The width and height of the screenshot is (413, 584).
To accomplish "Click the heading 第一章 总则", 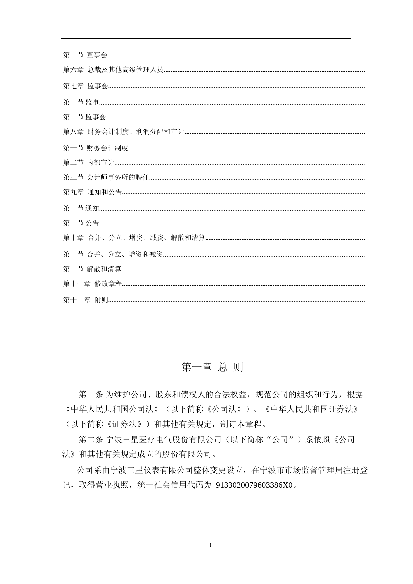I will point(212,367).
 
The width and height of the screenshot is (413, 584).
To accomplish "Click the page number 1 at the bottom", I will point(210,545).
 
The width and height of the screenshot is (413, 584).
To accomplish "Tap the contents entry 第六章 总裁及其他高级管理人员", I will point(113,70).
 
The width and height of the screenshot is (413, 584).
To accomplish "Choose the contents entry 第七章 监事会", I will point(86,86).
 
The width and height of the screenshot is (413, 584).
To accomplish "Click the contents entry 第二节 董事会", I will point(86,55).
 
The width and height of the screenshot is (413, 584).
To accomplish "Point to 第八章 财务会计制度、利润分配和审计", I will point(124,132).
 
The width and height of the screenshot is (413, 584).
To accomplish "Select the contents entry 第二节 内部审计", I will point(89,163).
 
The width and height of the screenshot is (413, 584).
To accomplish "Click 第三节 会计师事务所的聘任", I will point(106,177).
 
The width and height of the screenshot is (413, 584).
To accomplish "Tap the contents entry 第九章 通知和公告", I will point(93,192).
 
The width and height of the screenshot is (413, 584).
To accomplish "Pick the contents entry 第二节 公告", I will point(81,223).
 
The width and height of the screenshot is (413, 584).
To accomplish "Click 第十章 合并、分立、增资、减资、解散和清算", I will point(134,238).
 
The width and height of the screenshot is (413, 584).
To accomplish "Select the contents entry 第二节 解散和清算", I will point(92,269).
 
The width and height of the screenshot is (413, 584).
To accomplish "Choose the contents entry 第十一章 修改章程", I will point(93,284).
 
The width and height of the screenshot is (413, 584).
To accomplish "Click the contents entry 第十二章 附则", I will point(86,300).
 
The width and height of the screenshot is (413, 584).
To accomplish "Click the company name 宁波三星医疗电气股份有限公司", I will point(163,440).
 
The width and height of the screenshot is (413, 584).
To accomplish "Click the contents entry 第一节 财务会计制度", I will point(96,148).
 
